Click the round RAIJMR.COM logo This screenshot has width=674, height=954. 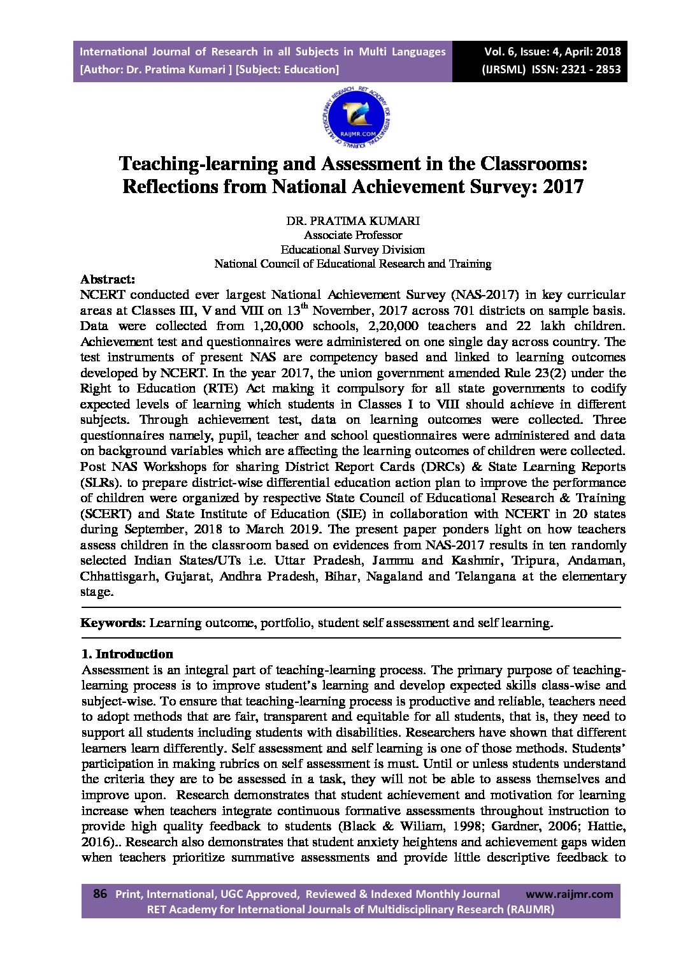(x=356, y=115)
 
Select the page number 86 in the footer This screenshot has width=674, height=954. (x=99, y=893)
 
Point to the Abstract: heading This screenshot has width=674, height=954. (x=107, y=279)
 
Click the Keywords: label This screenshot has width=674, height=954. (x=113, y=623)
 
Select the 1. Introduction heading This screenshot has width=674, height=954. (x=127, y=654)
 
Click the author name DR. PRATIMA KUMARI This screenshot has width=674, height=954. (x=352, y=221)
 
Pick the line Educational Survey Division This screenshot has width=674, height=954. (x=352, y=249)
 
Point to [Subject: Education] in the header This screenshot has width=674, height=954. (x=287, y=69)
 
